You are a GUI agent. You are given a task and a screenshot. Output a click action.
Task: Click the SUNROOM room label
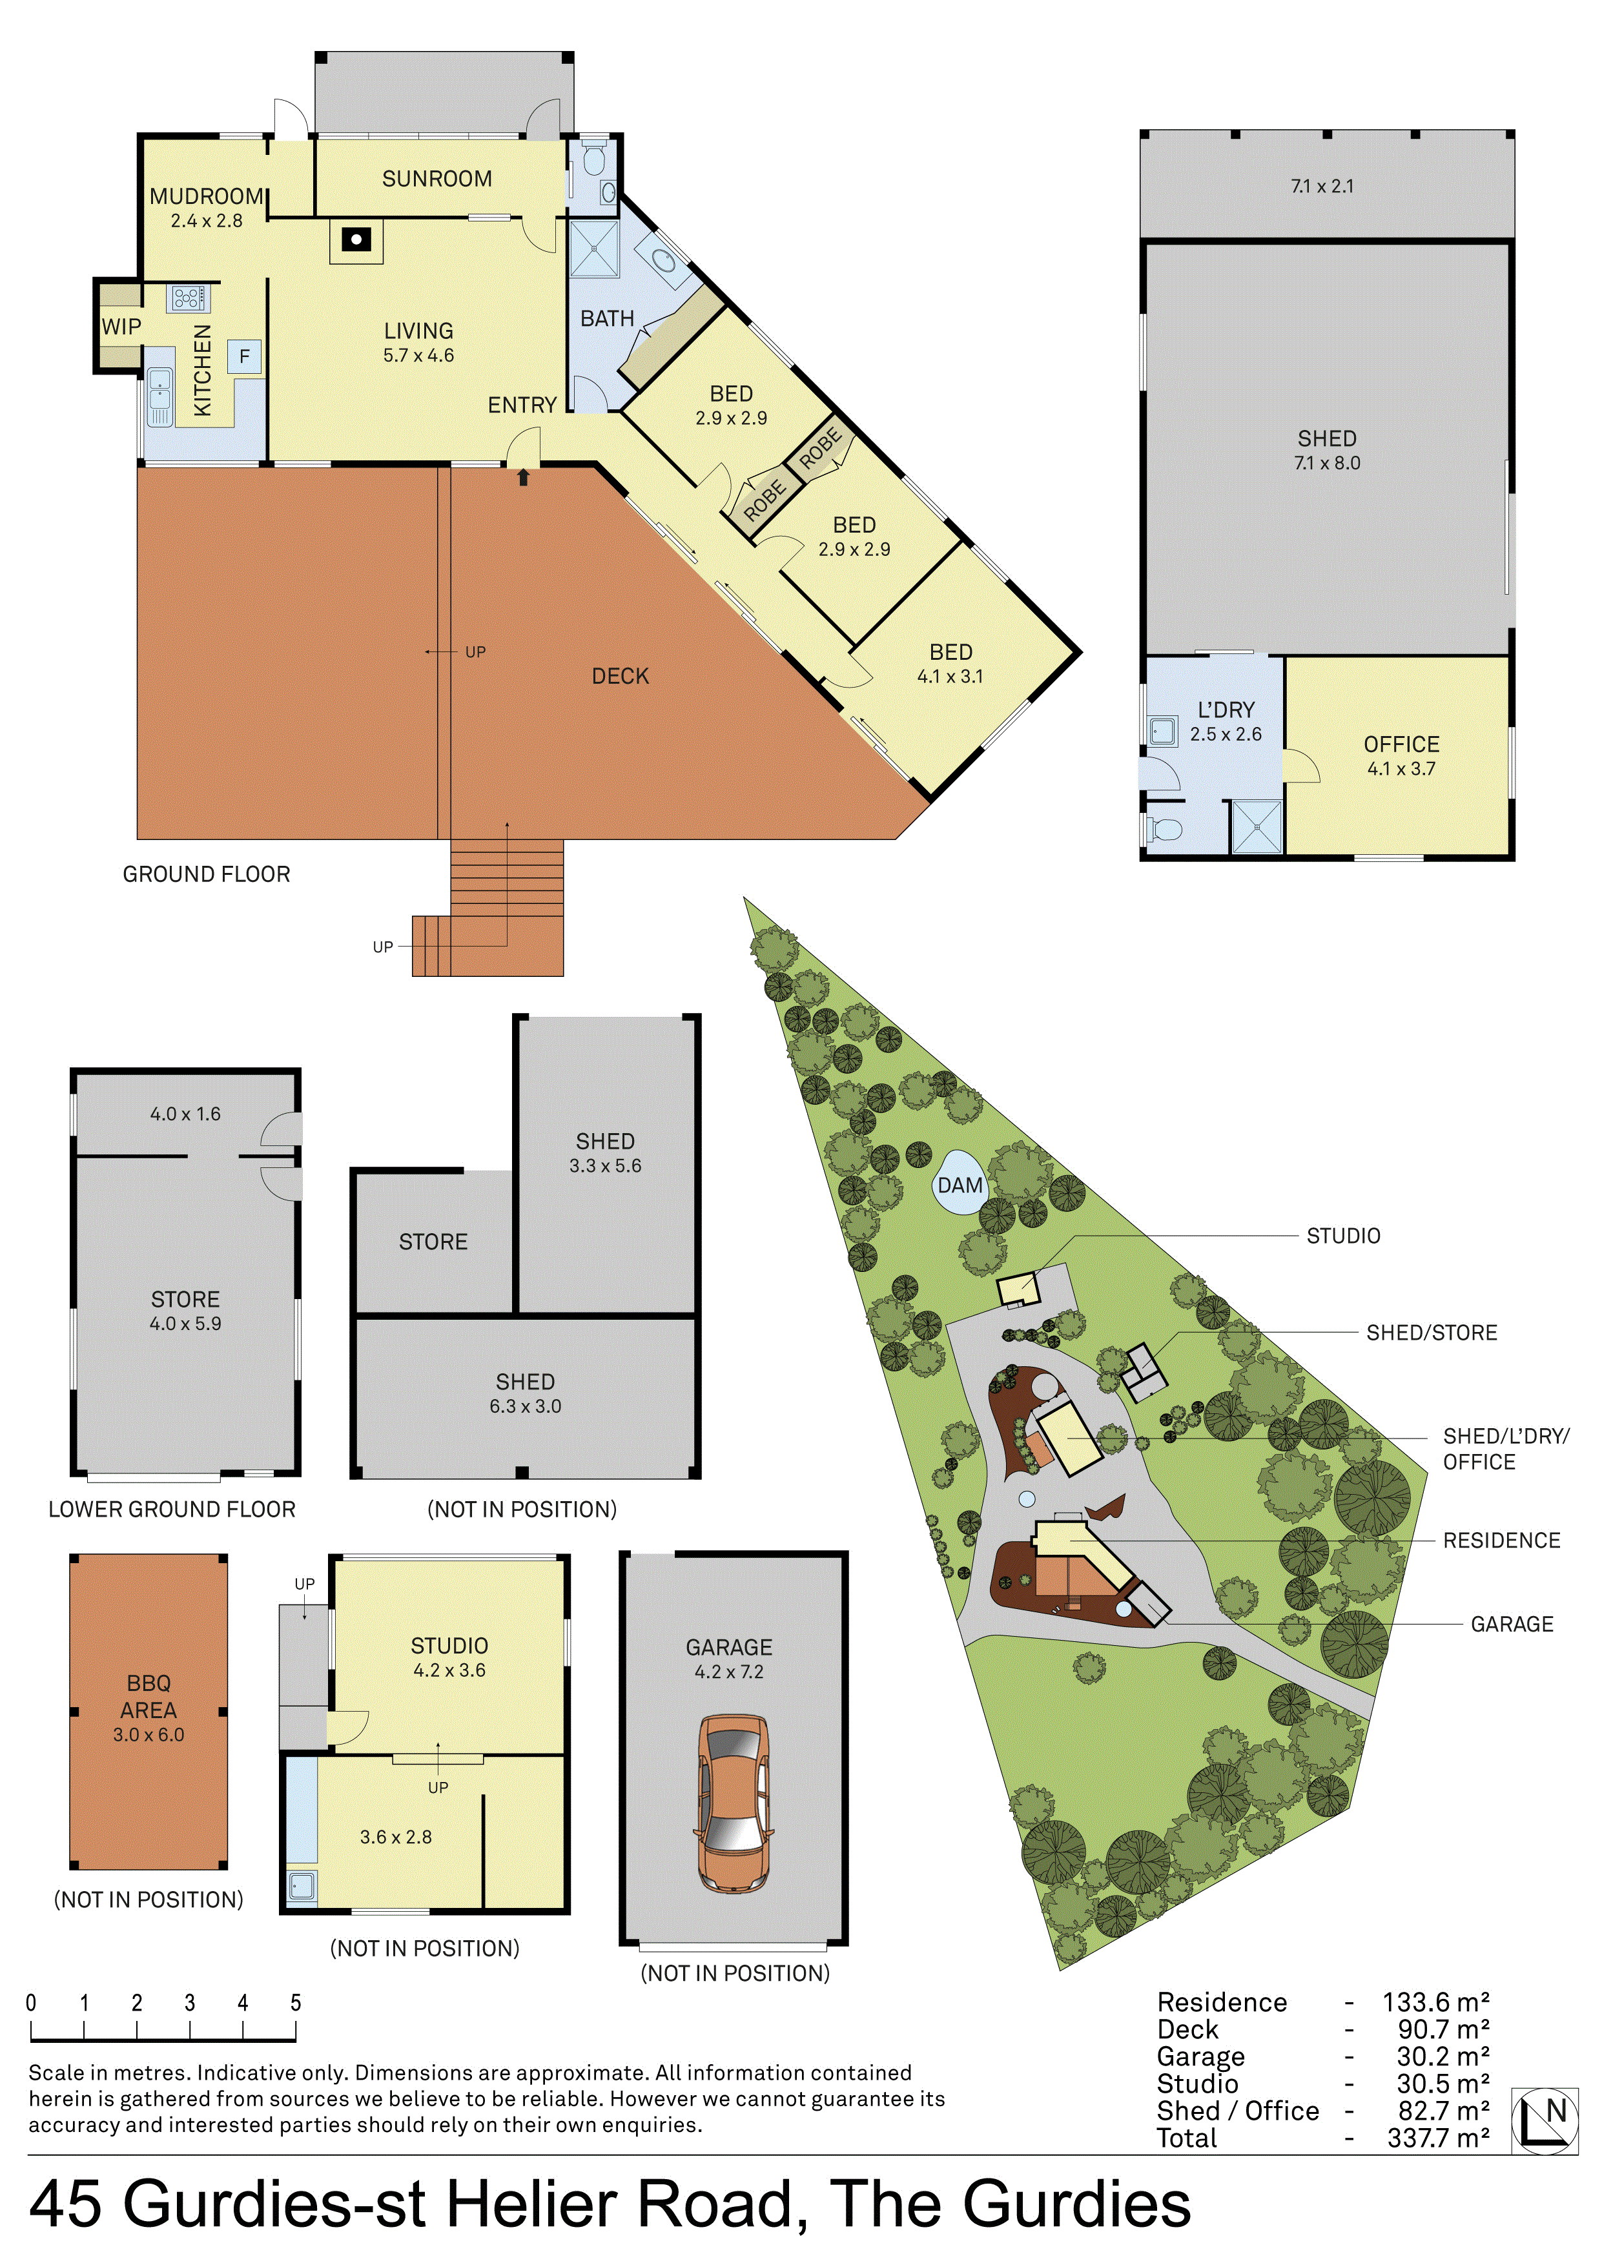point(437,179)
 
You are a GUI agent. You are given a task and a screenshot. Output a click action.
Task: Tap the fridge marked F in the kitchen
point(245,356)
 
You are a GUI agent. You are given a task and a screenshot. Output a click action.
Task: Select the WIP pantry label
point(121,327)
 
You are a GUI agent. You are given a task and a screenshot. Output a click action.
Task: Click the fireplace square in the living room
point(356,239)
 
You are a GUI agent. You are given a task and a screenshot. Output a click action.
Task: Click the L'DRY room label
point(1226,710)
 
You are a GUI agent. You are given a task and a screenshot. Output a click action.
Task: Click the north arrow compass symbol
point(1544,2119)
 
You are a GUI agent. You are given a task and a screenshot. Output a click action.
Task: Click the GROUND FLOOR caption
point(206,874)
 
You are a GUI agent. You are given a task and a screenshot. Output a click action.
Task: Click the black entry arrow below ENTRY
point(524,477)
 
